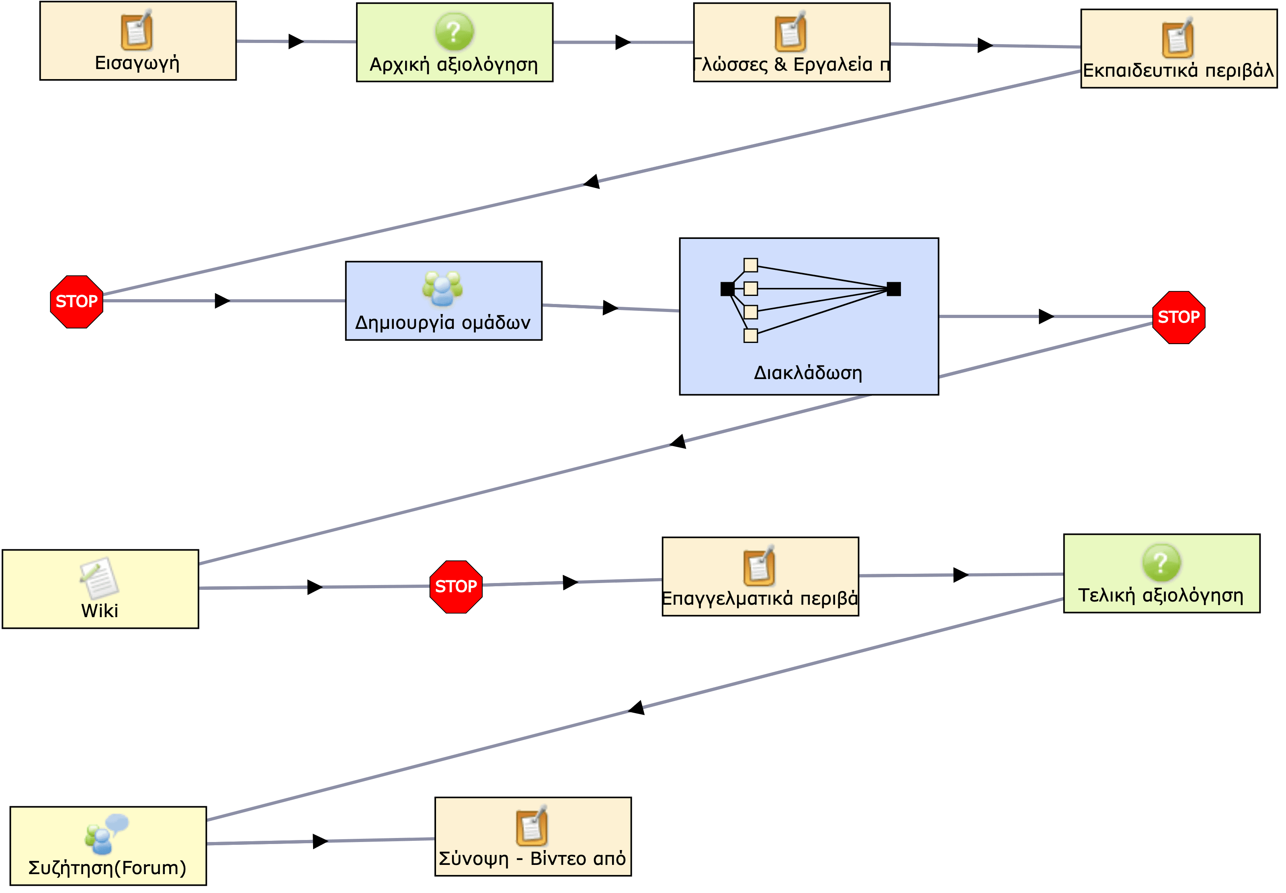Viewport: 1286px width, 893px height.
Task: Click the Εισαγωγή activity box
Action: [x=138, y=41]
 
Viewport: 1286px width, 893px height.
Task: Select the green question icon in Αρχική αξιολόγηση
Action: [x=454, y=32]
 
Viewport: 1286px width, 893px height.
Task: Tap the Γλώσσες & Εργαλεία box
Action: [x=791, y=43]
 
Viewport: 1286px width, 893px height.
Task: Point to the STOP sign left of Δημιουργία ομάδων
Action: [x=77, y=302]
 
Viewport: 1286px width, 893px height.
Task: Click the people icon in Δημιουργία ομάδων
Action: [x=442, y=289]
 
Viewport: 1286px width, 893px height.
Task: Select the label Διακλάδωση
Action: [x=808, y=373]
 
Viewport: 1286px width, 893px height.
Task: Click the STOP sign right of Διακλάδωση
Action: [x=1179, y=317]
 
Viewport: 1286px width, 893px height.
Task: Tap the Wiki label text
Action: [x=100, y=610]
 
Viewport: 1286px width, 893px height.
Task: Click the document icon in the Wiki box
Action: [x=99, y=578]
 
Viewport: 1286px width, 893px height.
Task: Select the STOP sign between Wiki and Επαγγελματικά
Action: [x=456, y=586]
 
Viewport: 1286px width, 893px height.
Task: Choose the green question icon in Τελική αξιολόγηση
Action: [x=1161, y=562]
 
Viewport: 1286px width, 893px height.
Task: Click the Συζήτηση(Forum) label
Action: [x=107, y=868]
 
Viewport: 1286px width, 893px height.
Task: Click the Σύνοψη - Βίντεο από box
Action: [x=533, y=836]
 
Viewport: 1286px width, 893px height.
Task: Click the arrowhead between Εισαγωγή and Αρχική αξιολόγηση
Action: [x=296, y=41]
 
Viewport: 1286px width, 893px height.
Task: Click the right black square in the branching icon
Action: [x=893, y=289]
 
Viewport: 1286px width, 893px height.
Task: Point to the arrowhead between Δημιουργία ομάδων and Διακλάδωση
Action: [x=610, y=308]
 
